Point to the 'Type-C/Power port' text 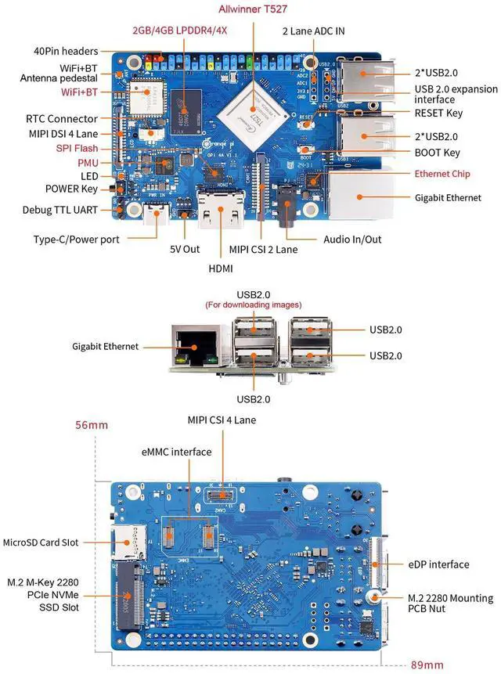(x=77, y=239)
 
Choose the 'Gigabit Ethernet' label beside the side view (x=105, y=345)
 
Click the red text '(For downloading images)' (x=253, y=305)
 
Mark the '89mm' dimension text (x=430, y=665)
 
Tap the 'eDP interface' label (x=438, y=564)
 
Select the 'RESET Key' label (x=438, y=113)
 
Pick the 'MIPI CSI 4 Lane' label (x=222, y=420)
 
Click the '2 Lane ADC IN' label (x=314, y=31)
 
